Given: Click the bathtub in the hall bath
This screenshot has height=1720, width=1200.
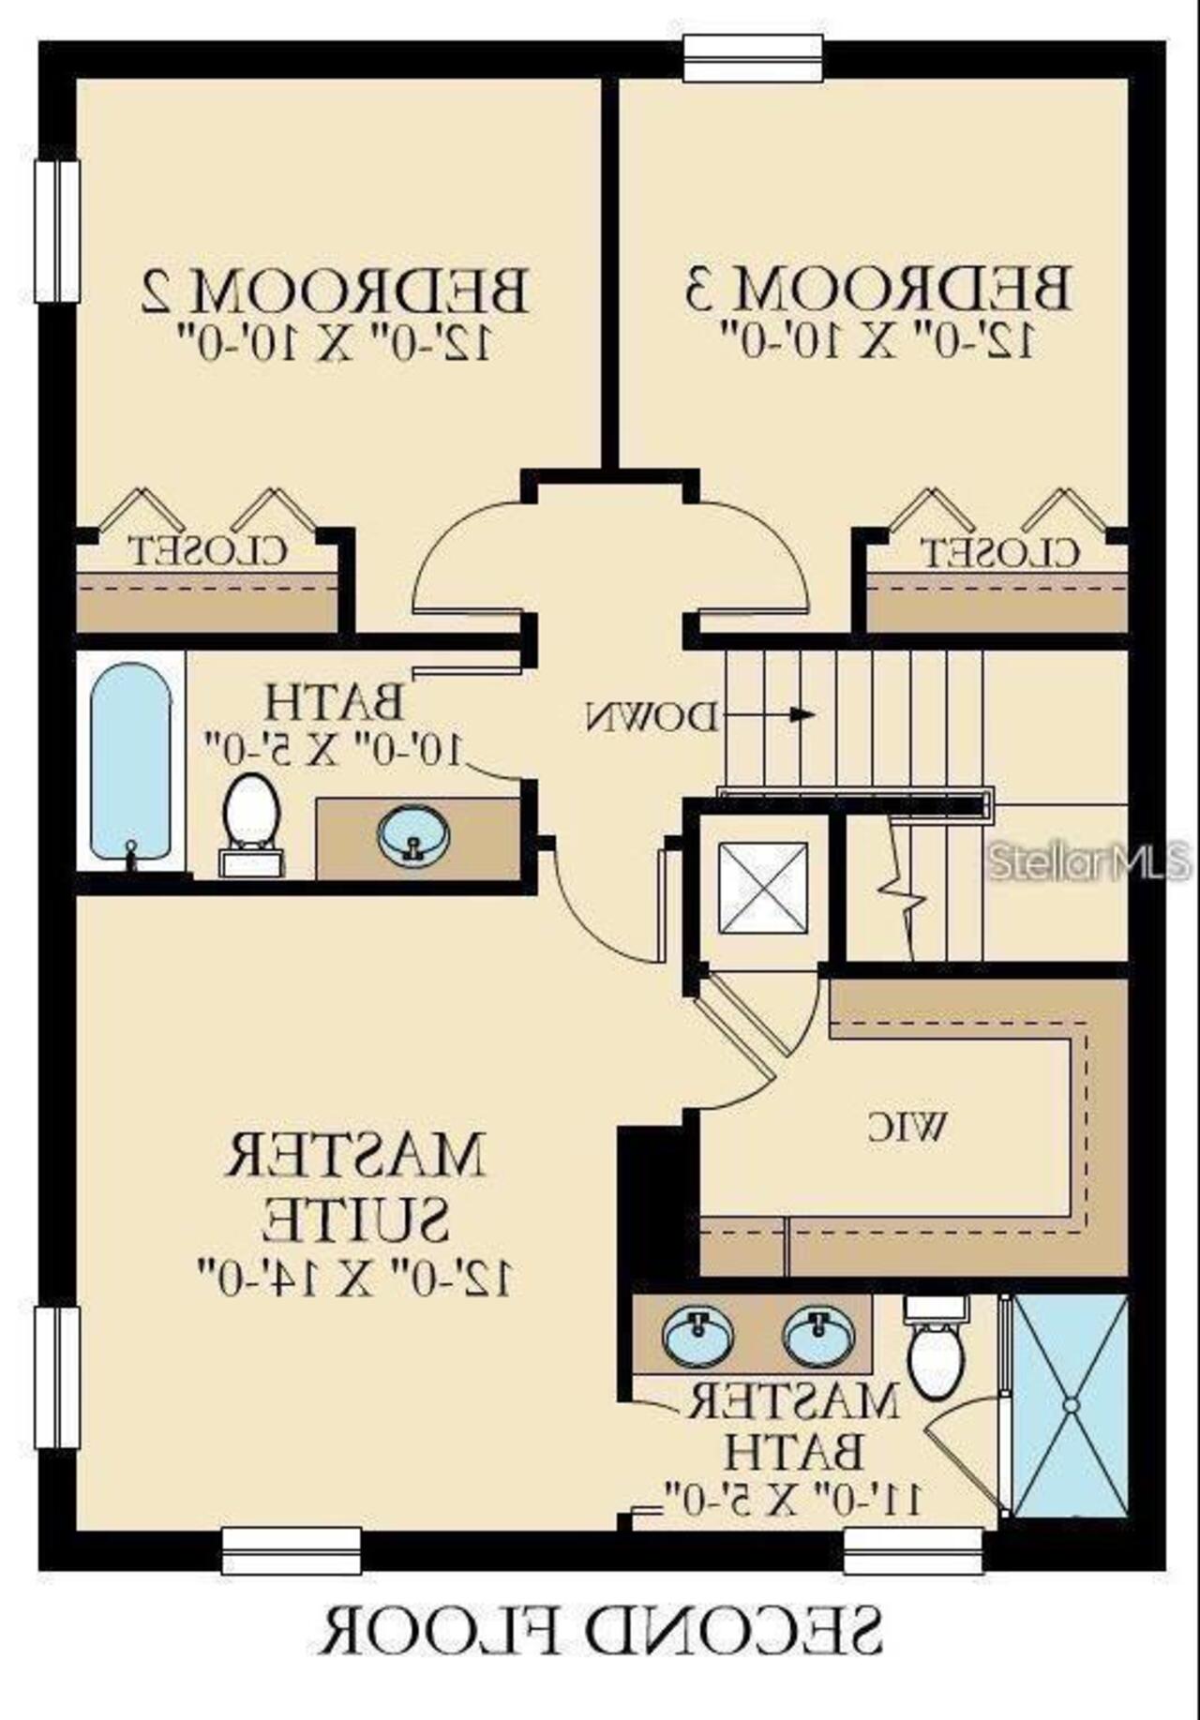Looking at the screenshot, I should point(131,762).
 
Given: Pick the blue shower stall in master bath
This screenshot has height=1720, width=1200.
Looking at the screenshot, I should point(1070,1406).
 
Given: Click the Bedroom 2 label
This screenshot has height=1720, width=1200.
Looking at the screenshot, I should point(335,292).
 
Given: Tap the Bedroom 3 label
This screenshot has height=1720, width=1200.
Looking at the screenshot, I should point(877,290).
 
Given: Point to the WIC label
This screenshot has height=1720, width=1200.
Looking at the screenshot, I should point(907,1127).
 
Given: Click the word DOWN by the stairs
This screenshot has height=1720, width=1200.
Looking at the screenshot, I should point(653,717).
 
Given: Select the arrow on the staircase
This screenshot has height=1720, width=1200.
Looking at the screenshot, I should point(802,714).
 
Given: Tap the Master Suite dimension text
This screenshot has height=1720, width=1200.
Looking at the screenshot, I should point(354,1277).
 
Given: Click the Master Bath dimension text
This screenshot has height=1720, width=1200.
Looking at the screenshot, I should point(793,1497).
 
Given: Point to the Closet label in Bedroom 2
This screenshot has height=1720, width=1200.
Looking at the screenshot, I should point(207,550).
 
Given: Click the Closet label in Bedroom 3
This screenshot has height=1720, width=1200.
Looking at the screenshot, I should point(999,552).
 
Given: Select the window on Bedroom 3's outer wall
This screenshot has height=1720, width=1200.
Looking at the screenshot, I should point(753,58).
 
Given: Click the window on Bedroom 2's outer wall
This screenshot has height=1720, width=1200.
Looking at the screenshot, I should point(57,231).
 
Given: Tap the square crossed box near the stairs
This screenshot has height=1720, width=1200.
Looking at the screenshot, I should point(762,888).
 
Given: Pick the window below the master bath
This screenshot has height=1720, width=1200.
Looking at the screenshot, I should point(913,1550).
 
